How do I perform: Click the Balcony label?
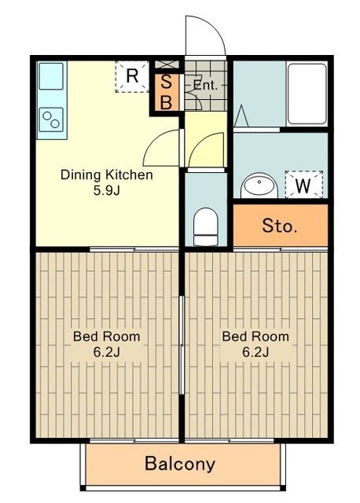(179, 464)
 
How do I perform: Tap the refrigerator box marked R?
(132, 77)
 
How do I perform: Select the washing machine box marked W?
(303, 185)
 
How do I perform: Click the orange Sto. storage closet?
(280, 227)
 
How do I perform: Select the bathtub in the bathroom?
(306, 94)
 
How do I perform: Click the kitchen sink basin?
(50, 77)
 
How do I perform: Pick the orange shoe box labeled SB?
(167, 91)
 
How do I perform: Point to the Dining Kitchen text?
(107, 174)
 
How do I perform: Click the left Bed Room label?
(107, 336)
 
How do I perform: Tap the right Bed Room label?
(255, 336)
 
